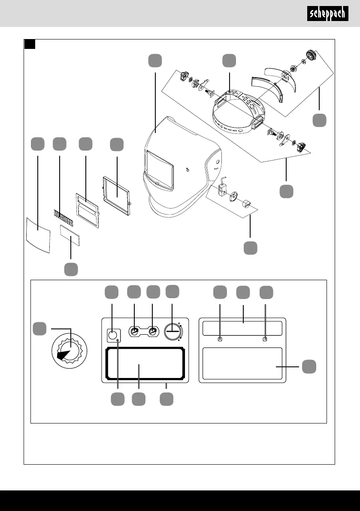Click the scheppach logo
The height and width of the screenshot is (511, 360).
tap(327, 13)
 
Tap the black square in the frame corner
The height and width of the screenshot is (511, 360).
tap(30, 44)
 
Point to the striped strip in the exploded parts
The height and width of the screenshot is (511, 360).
tap(63, 218)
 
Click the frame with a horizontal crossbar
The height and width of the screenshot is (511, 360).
tap(87, 210)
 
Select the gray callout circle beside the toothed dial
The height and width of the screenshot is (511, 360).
tap(39, 329)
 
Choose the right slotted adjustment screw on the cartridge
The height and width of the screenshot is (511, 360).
tap(152, 332)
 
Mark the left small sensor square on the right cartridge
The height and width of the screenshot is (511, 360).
tap(220, 339)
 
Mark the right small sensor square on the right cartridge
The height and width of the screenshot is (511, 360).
tap(265, 339)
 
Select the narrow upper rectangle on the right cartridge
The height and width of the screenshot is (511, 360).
tap(242, 328)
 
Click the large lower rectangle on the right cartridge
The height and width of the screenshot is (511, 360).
tap(242, 364)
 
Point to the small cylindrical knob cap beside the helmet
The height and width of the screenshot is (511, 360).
tap(247, 204)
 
